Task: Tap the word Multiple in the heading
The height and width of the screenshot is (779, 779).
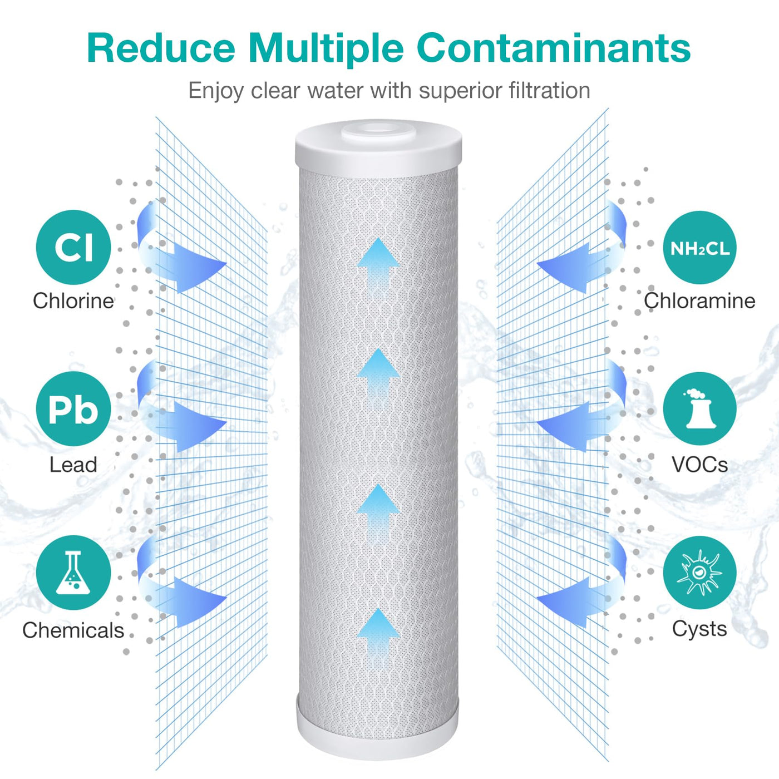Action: [326, 49]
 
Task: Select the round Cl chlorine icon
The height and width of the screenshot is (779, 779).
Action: [73, 247]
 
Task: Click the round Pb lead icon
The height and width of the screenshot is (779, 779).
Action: [73, 409]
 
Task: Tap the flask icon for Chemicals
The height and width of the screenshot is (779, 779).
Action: [73, 573]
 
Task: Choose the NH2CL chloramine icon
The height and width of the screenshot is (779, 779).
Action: [699, 248]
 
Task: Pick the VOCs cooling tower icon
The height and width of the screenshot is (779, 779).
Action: [699, 409]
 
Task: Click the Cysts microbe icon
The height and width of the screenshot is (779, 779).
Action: [699, 573]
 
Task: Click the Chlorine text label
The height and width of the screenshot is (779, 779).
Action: [73, 301]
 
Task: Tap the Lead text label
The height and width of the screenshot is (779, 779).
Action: [73, 465]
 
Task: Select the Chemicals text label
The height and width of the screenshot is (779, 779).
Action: [73, 630]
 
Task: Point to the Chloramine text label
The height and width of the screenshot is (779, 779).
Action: [699, 301]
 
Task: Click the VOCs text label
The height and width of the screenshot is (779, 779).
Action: [699, 465]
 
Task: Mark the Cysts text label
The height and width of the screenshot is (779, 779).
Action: [699, 629]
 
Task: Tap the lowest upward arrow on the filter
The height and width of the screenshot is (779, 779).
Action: [378, 634]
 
